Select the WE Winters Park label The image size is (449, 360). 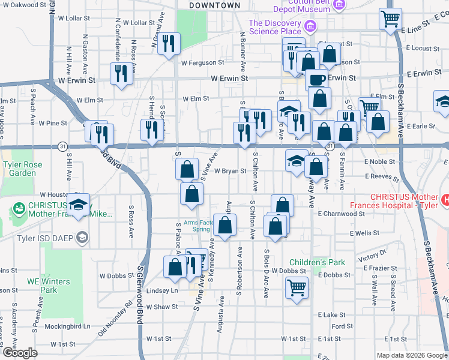(x=48, y=286)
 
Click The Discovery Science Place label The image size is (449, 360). (x=274, y=27)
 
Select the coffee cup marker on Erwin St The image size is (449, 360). (x=316, y=79)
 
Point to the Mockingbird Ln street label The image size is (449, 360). (x=69, y=327)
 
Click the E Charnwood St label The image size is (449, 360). (x=342, y=213)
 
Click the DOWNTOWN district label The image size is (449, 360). (x=214, y=5)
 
